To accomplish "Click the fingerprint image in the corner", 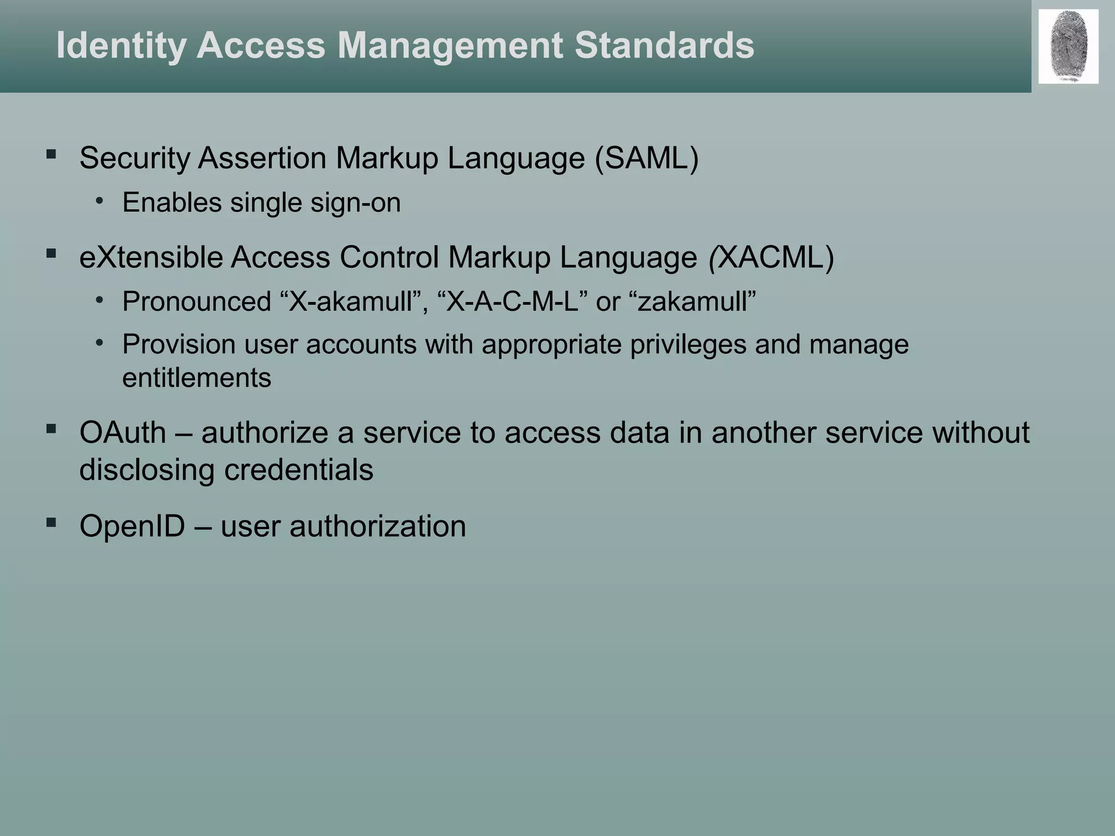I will (x=1068, y=46).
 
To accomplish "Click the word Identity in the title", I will (x=121, y=46).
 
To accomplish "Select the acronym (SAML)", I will (x=646, y=158).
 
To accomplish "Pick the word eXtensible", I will (x=151, y=257).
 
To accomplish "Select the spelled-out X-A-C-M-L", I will (x=512, y=302).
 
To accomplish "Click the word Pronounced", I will (x=197, y=302).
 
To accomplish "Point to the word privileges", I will (x=688, y=345).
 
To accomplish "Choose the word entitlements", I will (x=197, y=378).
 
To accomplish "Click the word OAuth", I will (x=122, y=433).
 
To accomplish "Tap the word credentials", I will (x=299, y=470).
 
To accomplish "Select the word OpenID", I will (x=132, y=526).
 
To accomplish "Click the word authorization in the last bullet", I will (x=378, y=526).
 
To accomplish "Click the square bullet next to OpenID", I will (x=52, y=523).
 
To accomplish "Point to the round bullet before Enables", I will (x=99, y=201).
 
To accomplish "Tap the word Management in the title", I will (x=450, y=46).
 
